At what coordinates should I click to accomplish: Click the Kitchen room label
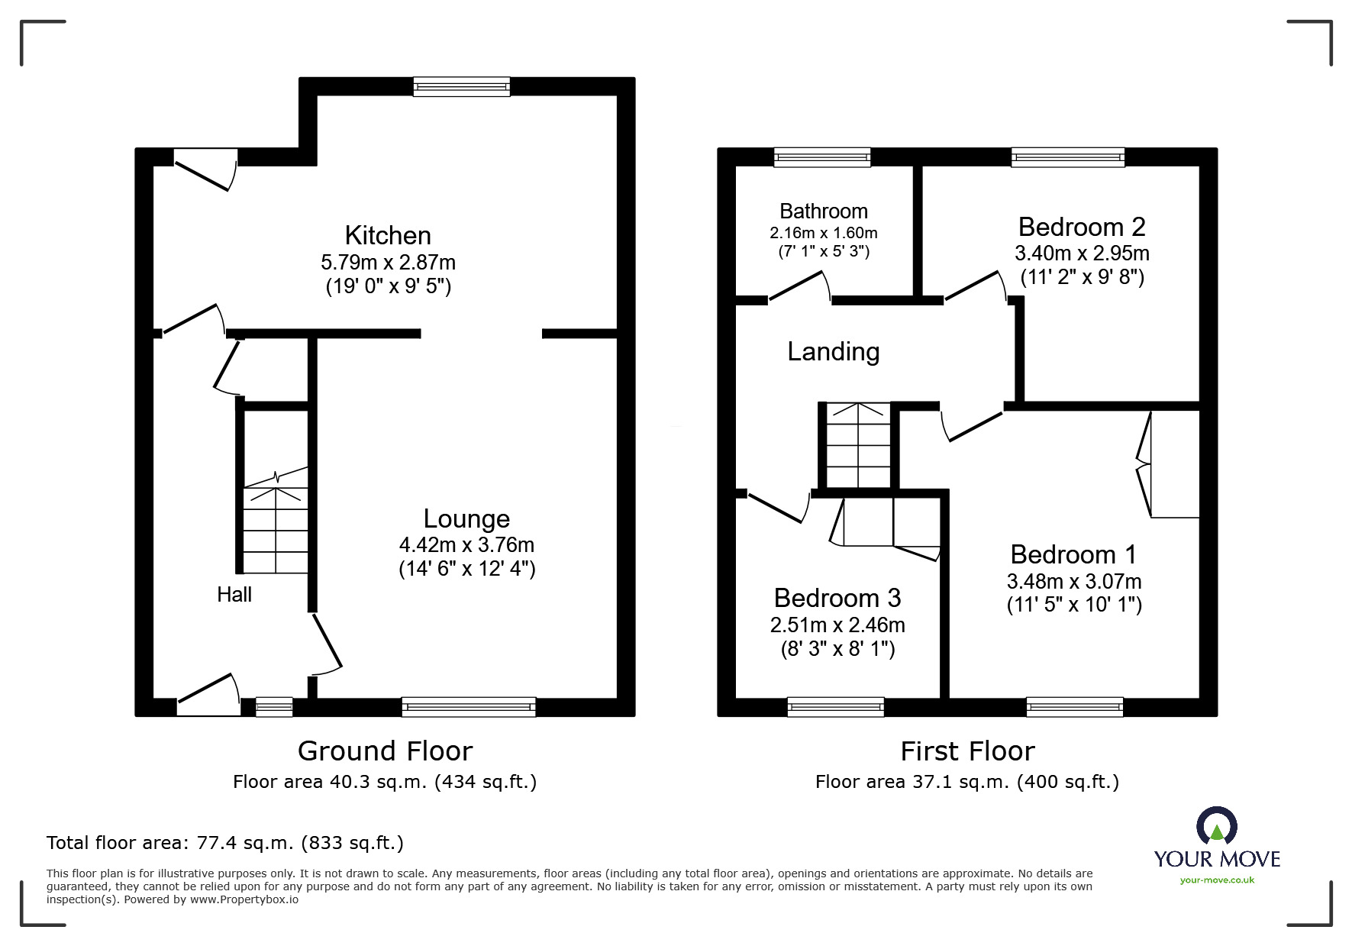tap(388, 235)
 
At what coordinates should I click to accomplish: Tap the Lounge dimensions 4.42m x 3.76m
tap(466, 545)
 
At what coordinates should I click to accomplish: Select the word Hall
tap(234, 595)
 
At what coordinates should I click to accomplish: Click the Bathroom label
tap(823, 211)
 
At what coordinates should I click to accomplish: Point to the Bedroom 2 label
tap(1081, 227)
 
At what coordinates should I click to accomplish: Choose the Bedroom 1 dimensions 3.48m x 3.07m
tap(1073, 581)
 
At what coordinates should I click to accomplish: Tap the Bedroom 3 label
tap(837, 597)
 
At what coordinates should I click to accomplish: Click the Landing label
tap(833, 351)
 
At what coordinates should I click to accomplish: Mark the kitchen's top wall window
tap(461, 86)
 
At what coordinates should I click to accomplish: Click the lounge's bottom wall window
tap(468, 707)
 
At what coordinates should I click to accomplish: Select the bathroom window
tap(821, 157)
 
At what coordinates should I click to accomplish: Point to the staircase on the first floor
tap(859, 445)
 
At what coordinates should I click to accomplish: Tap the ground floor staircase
tap(276, 527)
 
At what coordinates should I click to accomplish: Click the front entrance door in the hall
tap(208, 696)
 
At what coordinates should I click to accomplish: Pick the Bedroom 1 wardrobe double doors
tap(1145, 464)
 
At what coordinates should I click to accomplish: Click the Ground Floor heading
tap(385, 751)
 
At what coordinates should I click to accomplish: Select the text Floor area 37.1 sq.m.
tap(913, 782)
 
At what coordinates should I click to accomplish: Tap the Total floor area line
tap(224, 843)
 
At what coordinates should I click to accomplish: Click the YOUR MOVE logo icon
tap(1216, 826)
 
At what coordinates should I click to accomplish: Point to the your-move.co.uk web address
tap(1217, 880)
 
